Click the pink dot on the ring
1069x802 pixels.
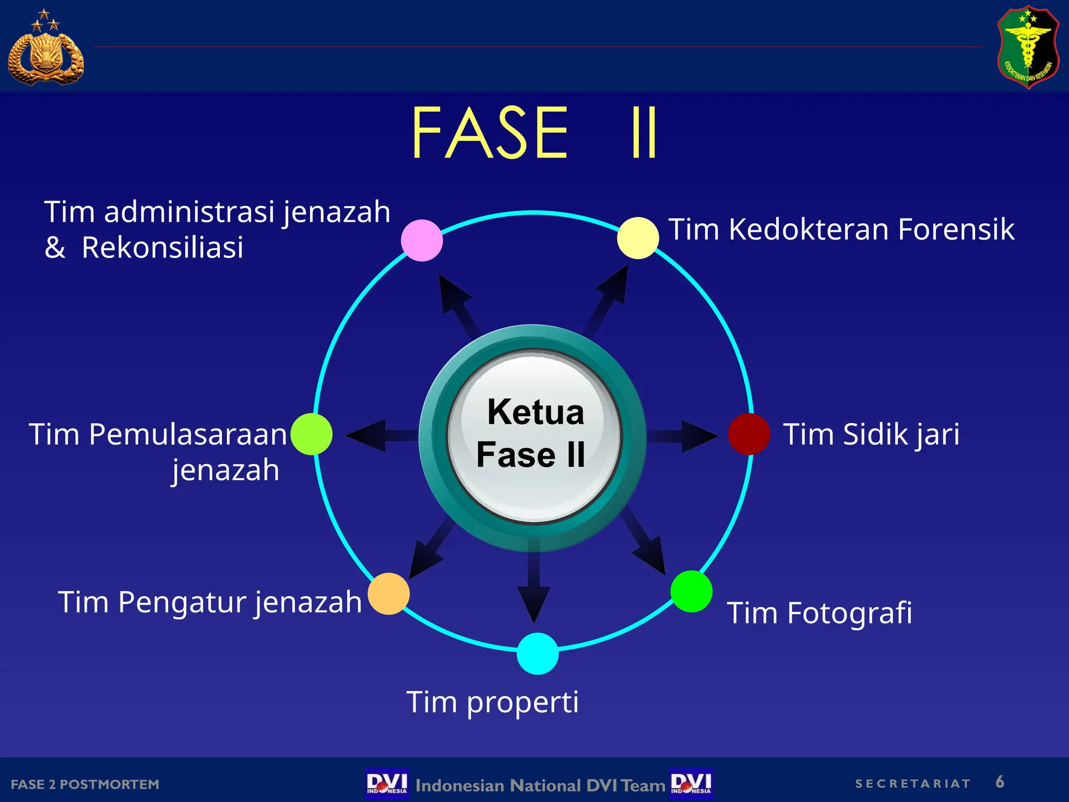coord(422,240)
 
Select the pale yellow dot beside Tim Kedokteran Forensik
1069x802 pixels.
coord(638,238)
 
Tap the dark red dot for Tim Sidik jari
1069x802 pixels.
coord(749,434)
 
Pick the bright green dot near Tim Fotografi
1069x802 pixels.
coord(692,591)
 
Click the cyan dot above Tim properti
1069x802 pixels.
coord(538,654)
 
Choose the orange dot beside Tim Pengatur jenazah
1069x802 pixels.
coord(389,594)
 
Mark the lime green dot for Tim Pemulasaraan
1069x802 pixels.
coord(312,434)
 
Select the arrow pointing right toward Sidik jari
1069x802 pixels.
coord(684,435)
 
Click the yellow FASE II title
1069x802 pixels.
coord(534,133)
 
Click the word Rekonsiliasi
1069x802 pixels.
coord(162,247)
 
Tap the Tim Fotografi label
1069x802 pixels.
coord(819,612)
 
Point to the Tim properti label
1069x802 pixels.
coord(493,702)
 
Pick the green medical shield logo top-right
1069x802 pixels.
coord(1028,47)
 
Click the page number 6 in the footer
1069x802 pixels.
coord(1000,782)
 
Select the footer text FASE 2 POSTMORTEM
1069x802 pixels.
coord(85,784)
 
